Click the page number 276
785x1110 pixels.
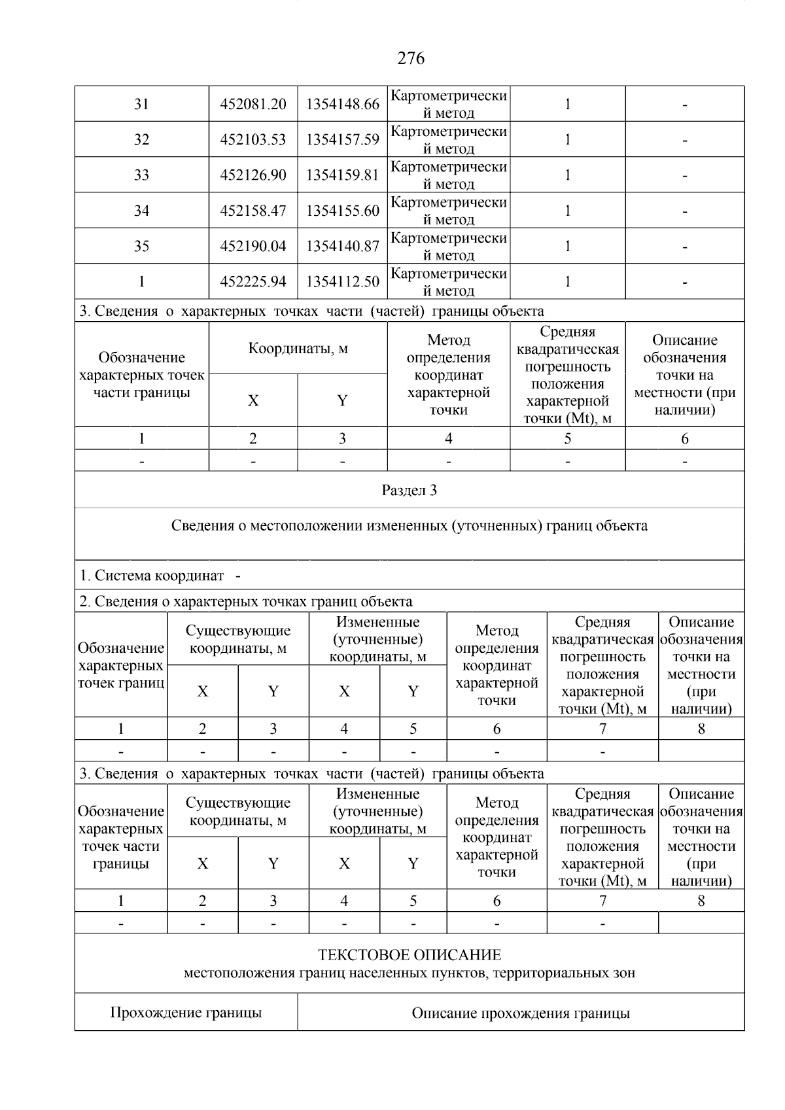click(x=411, y=59)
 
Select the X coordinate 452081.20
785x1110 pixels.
click(x=253, y=104)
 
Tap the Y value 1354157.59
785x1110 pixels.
click(x=342, y=139)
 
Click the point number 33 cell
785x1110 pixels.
click(x=141, y=175)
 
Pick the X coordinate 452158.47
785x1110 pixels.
click(x=253, y=211)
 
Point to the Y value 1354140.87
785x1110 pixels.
click(x=342, y=246)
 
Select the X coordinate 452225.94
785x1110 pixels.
click(x=253, y=282)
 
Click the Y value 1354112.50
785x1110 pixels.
click(x=342, y=282)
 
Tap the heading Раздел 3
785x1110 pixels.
click(x=410, y=491)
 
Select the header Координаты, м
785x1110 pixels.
click(x=298, y=349)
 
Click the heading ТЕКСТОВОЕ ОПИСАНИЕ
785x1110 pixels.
click(x=410, y=955)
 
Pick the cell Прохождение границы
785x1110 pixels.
click(x=186, y=1013)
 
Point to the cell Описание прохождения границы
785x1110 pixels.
click(x=521, y=1014)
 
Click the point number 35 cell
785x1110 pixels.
click(x=141, y=246)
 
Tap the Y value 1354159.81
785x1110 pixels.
click(x=342, y=175)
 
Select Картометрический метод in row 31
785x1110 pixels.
click(x=449, y=104)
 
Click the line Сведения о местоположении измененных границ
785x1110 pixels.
click(x=410, y=526)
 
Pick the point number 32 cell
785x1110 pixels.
click(x=141, y=139)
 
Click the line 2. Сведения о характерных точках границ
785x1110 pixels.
click(x=246, y=601)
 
